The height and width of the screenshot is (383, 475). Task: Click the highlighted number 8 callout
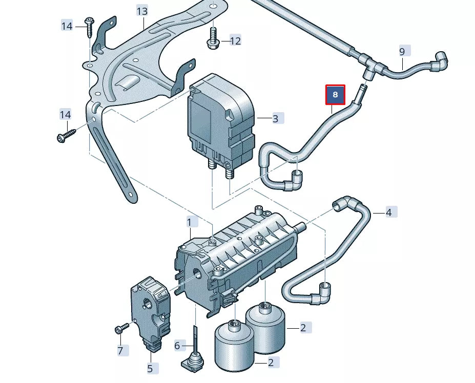(x=336, y=95)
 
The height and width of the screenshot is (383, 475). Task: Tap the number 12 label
(x=235, y=40)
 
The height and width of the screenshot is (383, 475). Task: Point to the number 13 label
(x=142, y=11)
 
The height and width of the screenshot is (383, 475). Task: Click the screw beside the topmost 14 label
(x=90, y=26)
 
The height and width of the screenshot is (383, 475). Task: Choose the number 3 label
(x=275, y=119)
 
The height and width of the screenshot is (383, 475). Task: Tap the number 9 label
(x=402, y=51)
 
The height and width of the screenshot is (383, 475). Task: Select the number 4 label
(x=388, y=212)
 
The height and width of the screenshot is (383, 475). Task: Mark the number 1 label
(x=189, y=222)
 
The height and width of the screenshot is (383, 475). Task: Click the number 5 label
(x=150, y=368)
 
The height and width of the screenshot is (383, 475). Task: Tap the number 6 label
(x=177, y=346)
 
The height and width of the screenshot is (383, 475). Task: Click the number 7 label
(x=120, y=351)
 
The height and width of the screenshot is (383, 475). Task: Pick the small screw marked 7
(x=121, y=328)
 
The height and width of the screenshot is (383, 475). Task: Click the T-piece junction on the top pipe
(x=373, y=67)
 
